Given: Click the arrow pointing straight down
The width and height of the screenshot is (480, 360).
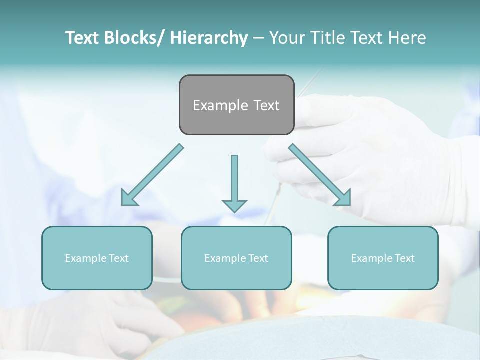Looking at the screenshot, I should point(234,182).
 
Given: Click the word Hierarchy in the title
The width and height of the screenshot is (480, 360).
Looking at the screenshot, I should point(209,38).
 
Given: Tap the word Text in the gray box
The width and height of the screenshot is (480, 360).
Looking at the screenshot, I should point(266,105).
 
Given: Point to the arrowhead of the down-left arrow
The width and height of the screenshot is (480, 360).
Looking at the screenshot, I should point(128,198).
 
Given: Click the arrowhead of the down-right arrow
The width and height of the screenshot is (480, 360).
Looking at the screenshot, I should point(344,198).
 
